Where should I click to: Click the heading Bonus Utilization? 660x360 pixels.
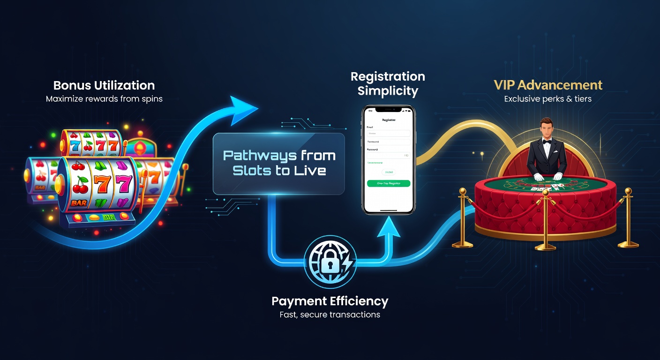click(x=104, y=85)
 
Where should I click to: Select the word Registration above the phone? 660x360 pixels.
click(x=388, y=76)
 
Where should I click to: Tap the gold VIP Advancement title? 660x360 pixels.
click(x=547, y=85)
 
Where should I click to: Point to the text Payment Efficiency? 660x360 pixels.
click(x=330, y=301)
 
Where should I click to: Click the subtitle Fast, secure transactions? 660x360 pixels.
click(x=330, y=315)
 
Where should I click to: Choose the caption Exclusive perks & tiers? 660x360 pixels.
click(x=547, y=99)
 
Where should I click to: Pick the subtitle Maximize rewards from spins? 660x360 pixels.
click(x=104, y=99)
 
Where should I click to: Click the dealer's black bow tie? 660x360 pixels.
click(x=546, y=141)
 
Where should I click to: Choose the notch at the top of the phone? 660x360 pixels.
click(x=389, y=111)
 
